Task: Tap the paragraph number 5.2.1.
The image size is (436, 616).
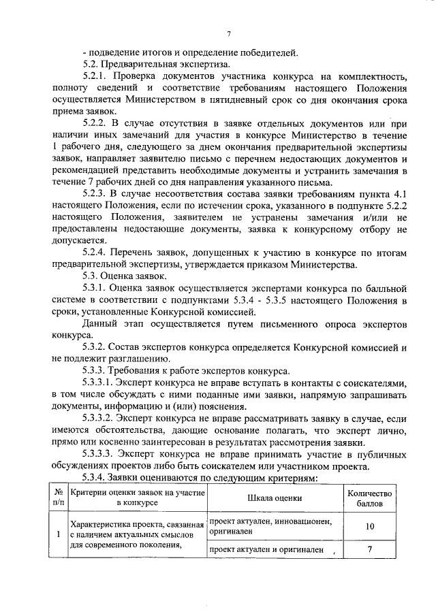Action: [x=95, y=76]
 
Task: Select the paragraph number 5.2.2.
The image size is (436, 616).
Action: [x=95, y=123]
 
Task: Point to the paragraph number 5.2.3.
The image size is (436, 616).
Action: [x=95, y=193]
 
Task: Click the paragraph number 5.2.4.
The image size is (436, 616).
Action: [x=95, y=252]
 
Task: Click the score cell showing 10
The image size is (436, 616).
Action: [x=369, y=526]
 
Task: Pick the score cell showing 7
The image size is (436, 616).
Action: [x=369, y=549]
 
